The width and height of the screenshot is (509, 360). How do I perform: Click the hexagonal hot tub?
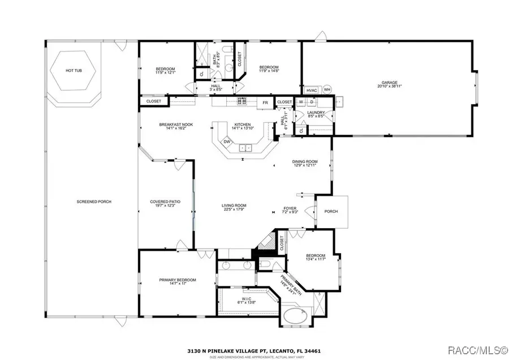point(73,71)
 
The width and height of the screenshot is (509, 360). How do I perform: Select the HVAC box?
point(312,90)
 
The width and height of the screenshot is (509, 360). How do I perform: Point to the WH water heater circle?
point(327,89)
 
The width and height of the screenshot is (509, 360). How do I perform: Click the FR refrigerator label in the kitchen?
point(265,102)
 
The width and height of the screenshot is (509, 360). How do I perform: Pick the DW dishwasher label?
point(227,142)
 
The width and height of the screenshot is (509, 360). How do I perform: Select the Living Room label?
point(234,208)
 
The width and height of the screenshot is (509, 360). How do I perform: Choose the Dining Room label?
point(304,164)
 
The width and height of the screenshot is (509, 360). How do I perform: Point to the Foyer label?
point(290,210)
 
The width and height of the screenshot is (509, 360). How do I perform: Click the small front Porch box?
point(331,211)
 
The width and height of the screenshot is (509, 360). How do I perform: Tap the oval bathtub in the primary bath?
point(295,316)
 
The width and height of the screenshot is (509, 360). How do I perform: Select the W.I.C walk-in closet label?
point(246,301)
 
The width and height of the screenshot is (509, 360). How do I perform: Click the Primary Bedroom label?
point(177,281)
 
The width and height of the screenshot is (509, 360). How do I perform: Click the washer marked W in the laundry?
point(301,102)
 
